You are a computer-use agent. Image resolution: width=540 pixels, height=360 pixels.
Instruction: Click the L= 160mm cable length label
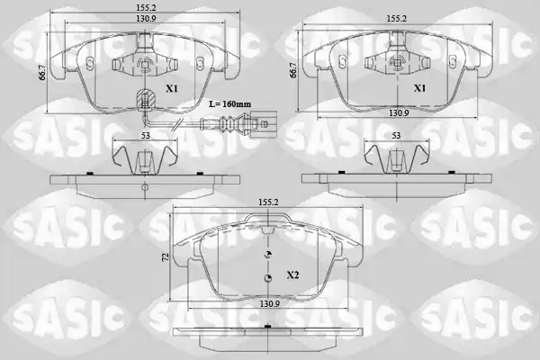point(230,103)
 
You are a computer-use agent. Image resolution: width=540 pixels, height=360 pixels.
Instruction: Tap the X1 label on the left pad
point(172,88)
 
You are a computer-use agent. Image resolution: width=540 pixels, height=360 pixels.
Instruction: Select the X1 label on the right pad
point(419,88)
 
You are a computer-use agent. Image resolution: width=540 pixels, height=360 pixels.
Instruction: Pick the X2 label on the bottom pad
point(292,274)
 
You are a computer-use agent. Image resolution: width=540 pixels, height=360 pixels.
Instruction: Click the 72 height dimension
point(166,256)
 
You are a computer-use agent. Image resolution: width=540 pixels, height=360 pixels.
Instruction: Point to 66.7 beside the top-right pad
point(293,70)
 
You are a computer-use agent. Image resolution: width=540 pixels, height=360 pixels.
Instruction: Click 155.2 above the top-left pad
point(143,7)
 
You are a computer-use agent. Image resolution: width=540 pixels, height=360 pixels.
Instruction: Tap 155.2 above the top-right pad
point(395,18)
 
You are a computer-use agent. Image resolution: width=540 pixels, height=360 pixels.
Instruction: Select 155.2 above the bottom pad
point(268,202)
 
